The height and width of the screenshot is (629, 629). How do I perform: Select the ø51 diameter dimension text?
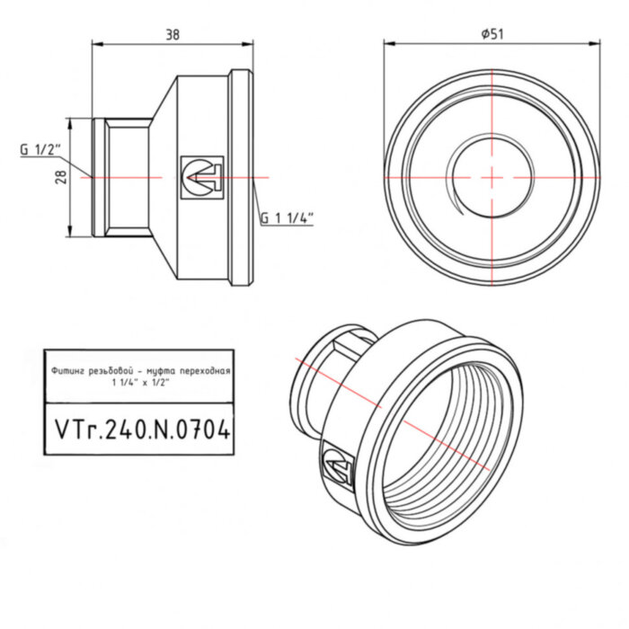(x=492, y=32)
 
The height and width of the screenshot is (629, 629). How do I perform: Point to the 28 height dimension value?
(x=61, y=177)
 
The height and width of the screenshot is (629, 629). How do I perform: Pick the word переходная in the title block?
(x=205, y=370)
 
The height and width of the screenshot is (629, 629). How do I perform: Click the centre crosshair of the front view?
(x=492, y=178)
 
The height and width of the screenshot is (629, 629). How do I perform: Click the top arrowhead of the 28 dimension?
(x=70, y=120)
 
